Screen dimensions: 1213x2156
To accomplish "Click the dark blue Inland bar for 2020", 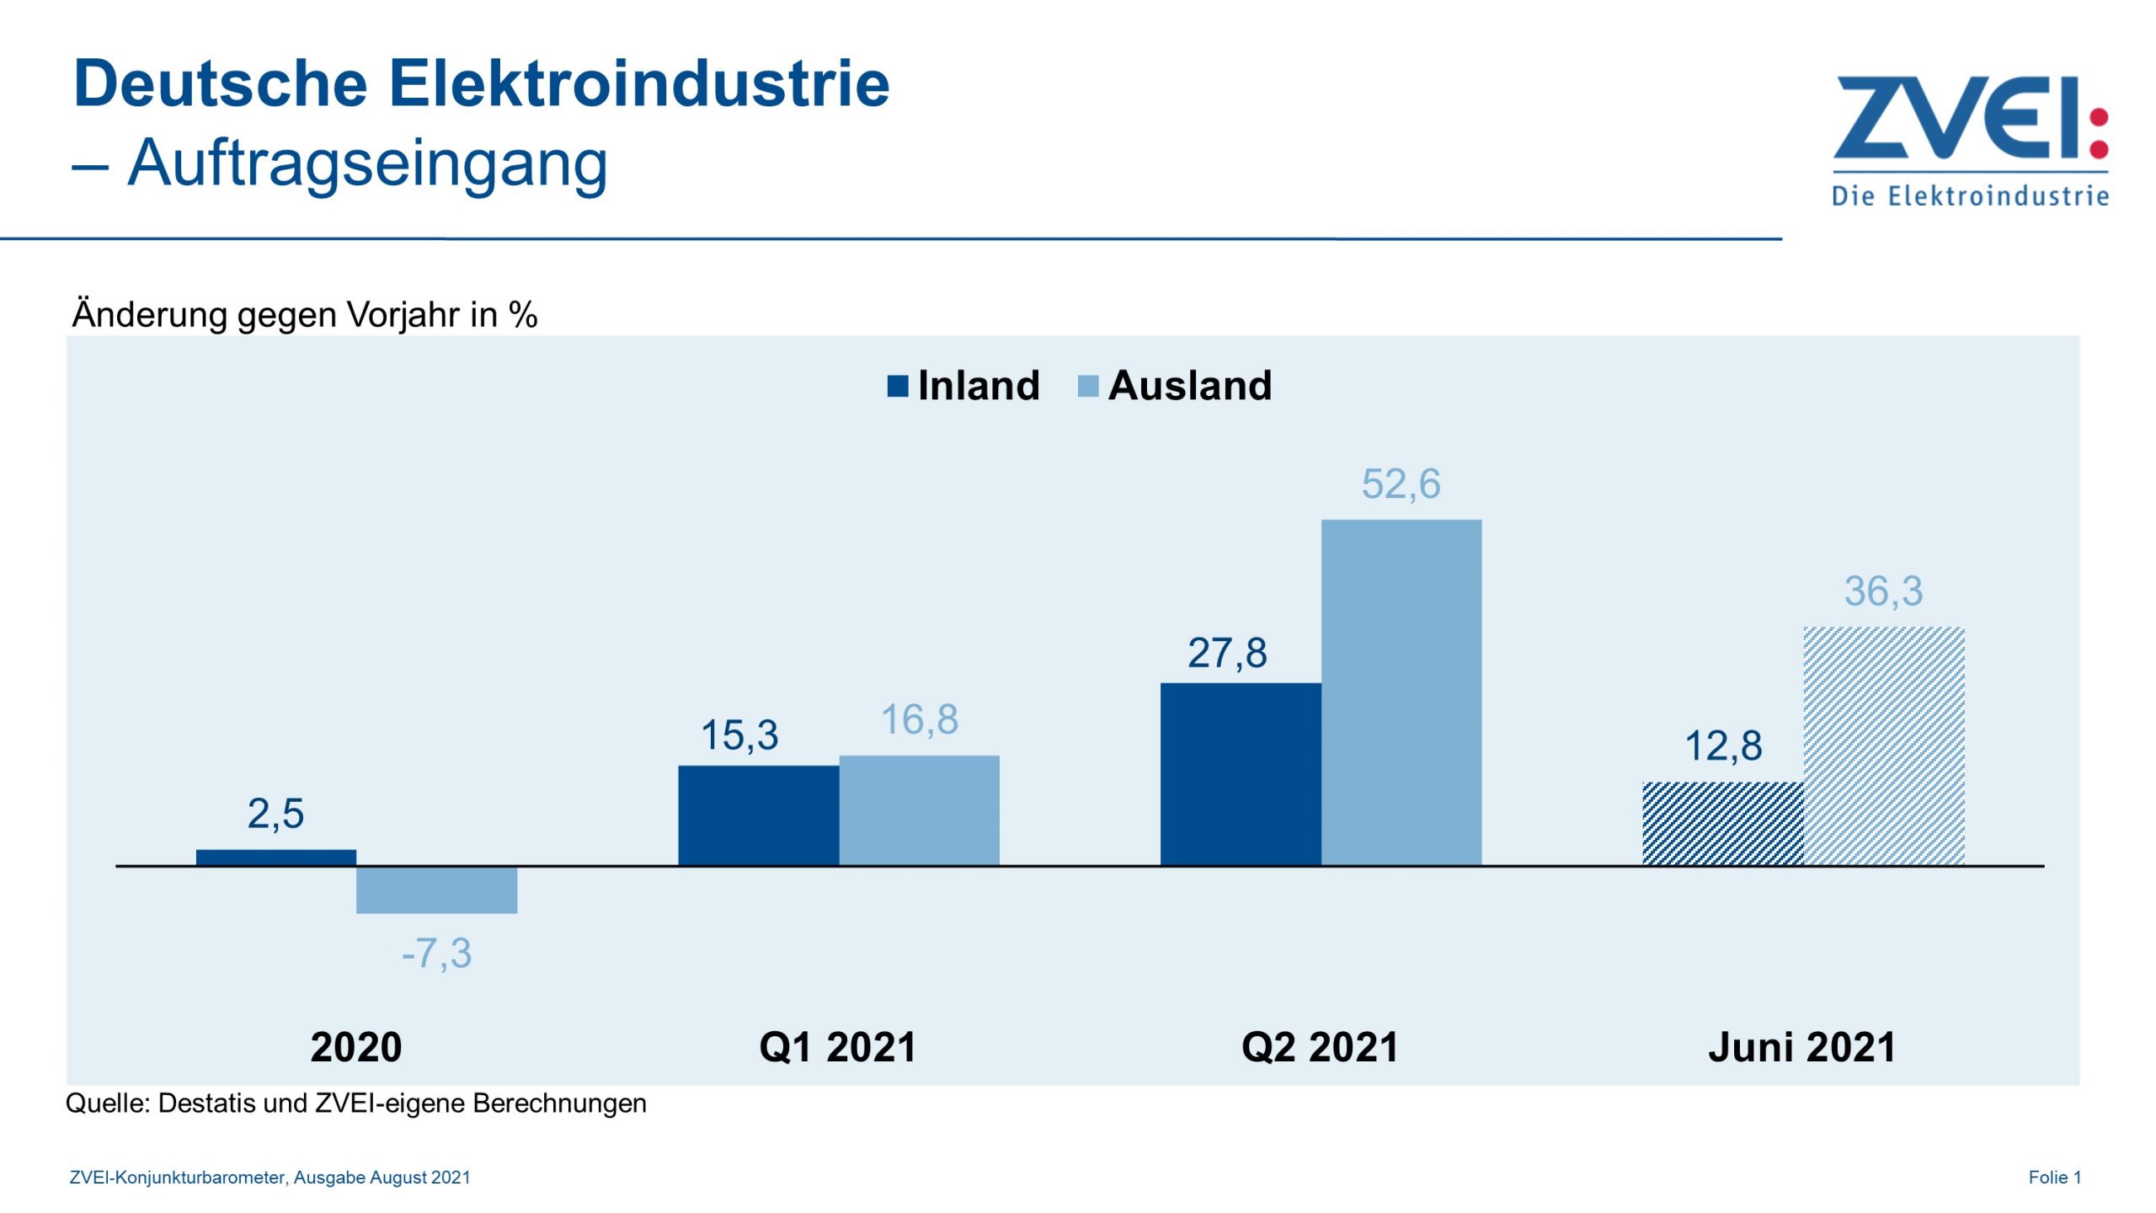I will tap(276, 858).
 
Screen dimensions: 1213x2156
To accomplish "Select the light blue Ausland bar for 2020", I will tap(436, 890).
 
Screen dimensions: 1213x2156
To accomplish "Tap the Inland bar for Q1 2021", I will tap(758, 815).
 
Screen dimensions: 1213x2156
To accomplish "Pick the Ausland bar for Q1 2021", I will tap(919, 810).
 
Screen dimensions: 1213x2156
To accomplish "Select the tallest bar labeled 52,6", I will tap(1401, 692).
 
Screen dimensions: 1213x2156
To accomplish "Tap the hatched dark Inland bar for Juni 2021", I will tap(1723, 823).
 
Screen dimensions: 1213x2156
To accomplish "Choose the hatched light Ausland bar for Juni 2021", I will tap(1884, 745).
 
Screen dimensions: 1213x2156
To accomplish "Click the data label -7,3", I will tap(436, 954).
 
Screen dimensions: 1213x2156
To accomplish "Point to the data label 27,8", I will tap(1227, 653).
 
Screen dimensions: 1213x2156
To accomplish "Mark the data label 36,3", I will tap(1883, 590).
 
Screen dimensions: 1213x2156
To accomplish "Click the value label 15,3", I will tap(739, 735).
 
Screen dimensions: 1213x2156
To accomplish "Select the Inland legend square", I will tap(898, 386).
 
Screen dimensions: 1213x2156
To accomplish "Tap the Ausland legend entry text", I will tap(1189, 386).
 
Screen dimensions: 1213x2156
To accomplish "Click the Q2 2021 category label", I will tap(1320, 1047).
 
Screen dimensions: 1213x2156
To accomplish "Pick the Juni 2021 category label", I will tap(1802, 1047).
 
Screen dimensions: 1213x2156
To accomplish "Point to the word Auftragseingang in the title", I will tap(367, 163).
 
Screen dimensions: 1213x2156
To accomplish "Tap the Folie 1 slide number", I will tap(2054, 1177).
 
